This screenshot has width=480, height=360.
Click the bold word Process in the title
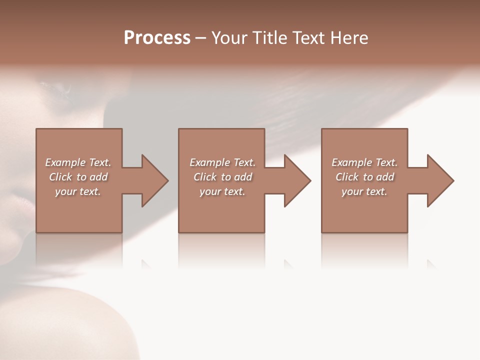pos(157,38)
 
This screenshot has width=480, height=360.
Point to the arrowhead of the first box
pos(154,180)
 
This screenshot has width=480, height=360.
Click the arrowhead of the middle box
pos(297,180)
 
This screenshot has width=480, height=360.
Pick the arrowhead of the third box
pos(440,180)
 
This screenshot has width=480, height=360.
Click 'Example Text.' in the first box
pos(78,162)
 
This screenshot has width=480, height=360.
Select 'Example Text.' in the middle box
pos(222,162)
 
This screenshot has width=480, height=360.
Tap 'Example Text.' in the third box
pos(364,162)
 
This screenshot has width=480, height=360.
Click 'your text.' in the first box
pos(78,191)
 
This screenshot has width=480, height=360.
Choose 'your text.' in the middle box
pos(222,191)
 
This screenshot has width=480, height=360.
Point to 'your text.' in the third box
pos(364,191)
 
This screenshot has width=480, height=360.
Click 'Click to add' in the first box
pos(78,177)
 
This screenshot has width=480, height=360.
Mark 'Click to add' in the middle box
pos(222,177)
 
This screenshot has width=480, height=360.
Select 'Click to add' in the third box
pos(364,177)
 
